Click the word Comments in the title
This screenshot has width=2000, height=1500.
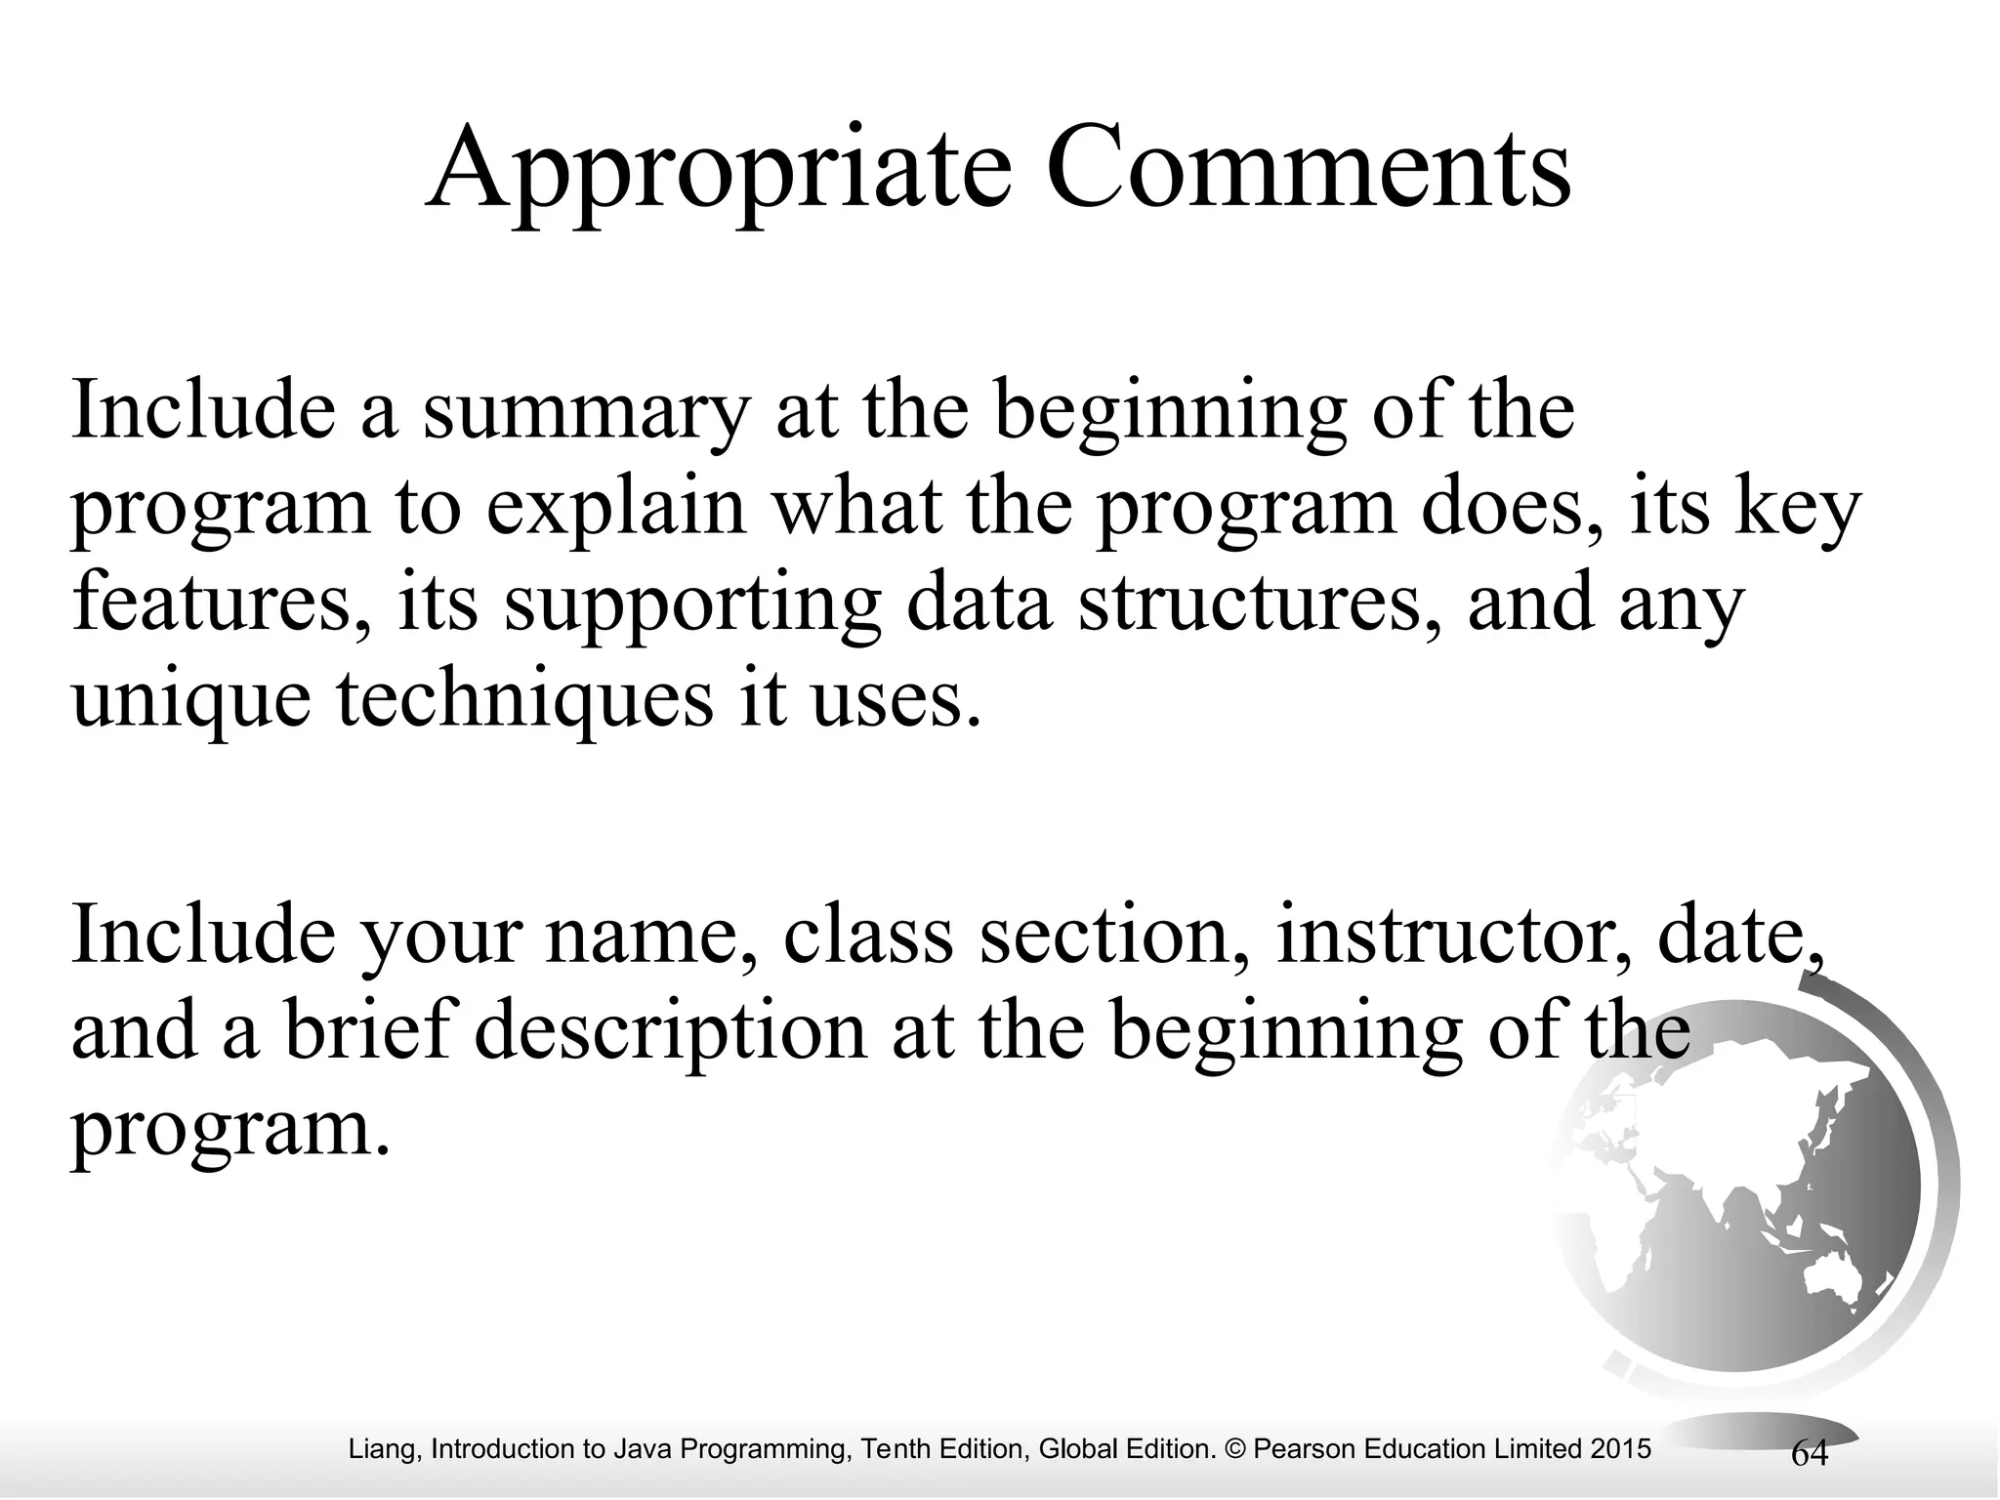[x=1309, y=168]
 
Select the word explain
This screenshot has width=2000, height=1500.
[x=615, y=511]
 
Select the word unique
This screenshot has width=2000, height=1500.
[x=190, y=701]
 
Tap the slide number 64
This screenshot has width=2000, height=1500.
[x=1810, y=1454]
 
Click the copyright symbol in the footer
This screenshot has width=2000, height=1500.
[x=1232, y=1449]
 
